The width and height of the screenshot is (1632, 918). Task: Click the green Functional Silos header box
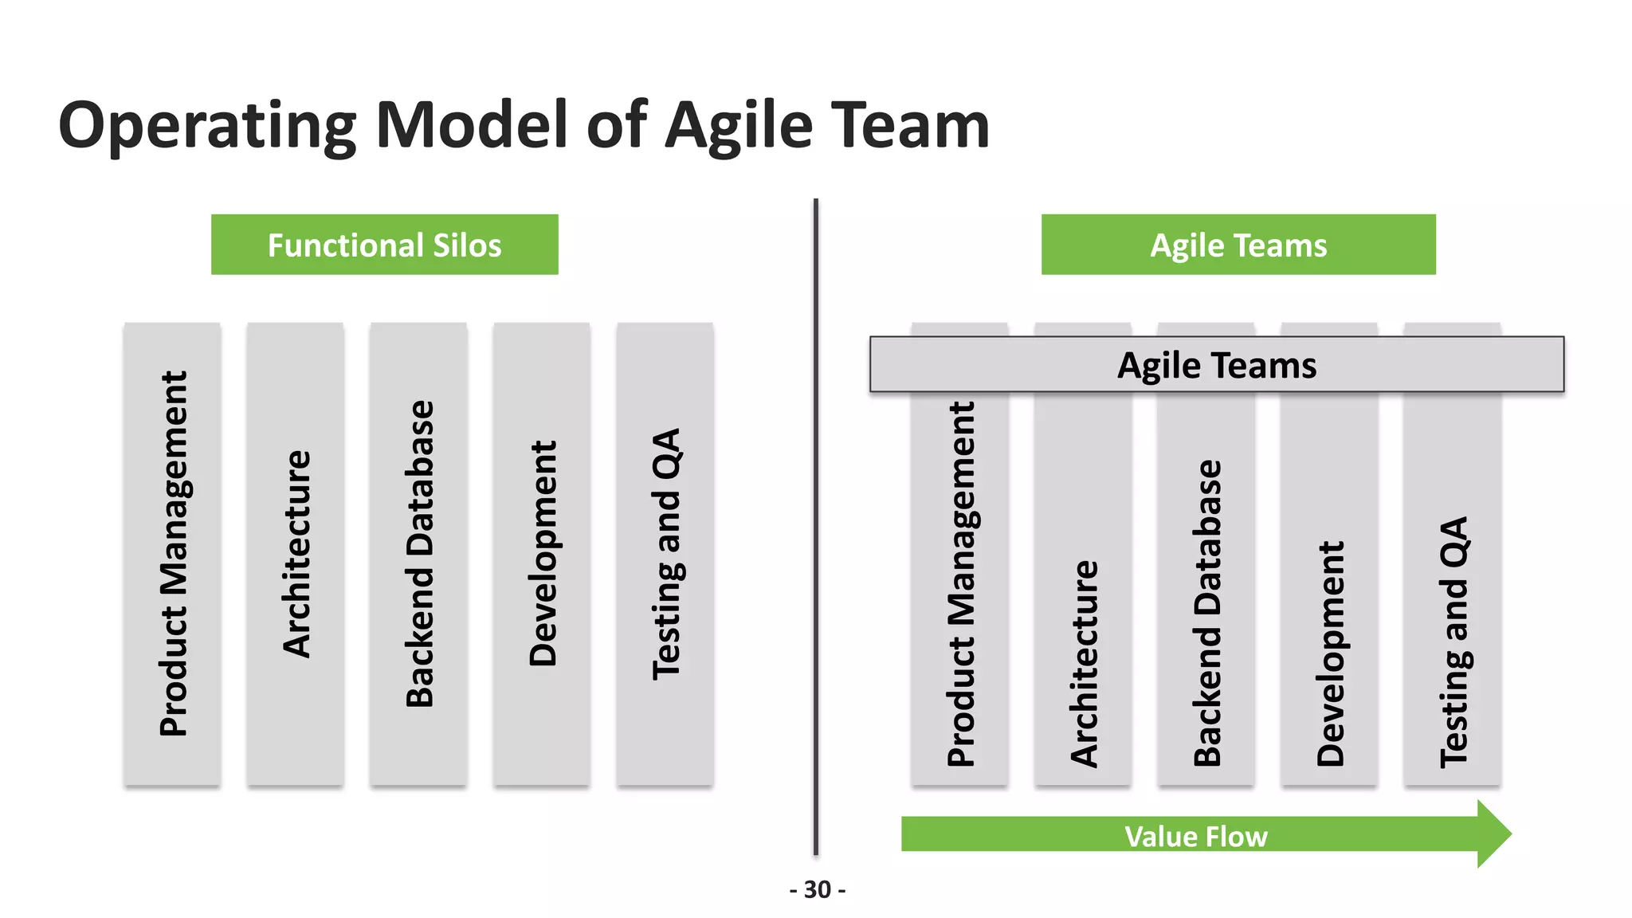[x=384, y=245]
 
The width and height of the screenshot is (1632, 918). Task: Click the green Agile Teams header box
[x=1238, y=245]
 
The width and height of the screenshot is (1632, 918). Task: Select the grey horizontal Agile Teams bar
[x=1216, y=365]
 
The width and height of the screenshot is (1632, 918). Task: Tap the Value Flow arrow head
[x=1493, y=834]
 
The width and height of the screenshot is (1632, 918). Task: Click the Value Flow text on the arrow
[x=1195, y=836]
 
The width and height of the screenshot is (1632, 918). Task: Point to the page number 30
[x=818, y=889]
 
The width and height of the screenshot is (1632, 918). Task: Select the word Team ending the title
[x=910, y=126]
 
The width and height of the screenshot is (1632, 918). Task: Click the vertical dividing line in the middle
[x=816, y=526]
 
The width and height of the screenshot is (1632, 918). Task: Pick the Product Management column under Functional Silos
[x=173, y=554]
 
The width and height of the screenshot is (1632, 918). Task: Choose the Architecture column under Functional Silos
[x=296, y=554]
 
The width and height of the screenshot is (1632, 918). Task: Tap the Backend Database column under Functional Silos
[x=419, y=554]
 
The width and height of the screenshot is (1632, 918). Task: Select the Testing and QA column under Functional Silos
[x=665, y=554]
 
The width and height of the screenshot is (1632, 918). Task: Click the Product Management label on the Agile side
[x=961, y=584]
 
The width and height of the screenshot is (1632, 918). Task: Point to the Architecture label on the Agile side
[x=1084, y=664]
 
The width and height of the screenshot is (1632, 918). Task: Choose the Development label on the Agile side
[x=1330, y=653]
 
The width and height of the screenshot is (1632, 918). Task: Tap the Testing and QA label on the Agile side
[x=1453, y=642]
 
